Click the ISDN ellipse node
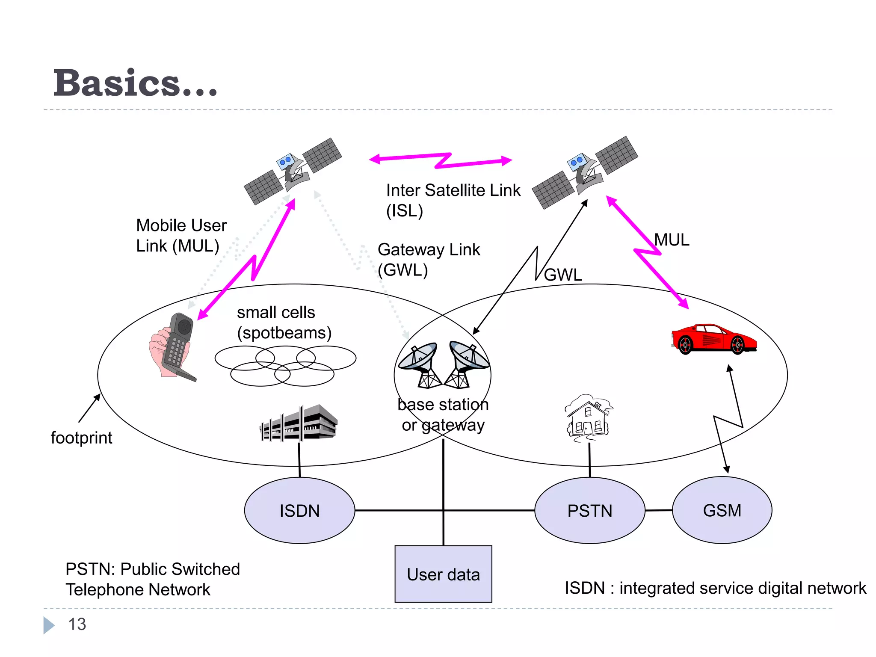[299, 510]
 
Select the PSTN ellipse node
[589, 510]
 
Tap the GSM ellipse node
[722, 510]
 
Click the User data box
[443, 574]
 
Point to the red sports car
[713, 339]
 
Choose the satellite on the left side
[293, 171]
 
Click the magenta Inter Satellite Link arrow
[441, 160]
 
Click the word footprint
[81, 438]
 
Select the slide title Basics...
[135, 83]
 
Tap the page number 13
[77, 624]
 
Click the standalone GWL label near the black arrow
[563, 275]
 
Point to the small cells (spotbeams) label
[284, 323]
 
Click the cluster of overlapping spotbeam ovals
[285, 365]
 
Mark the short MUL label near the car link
[672, 240]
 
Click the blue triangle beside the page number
[48, 625]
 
